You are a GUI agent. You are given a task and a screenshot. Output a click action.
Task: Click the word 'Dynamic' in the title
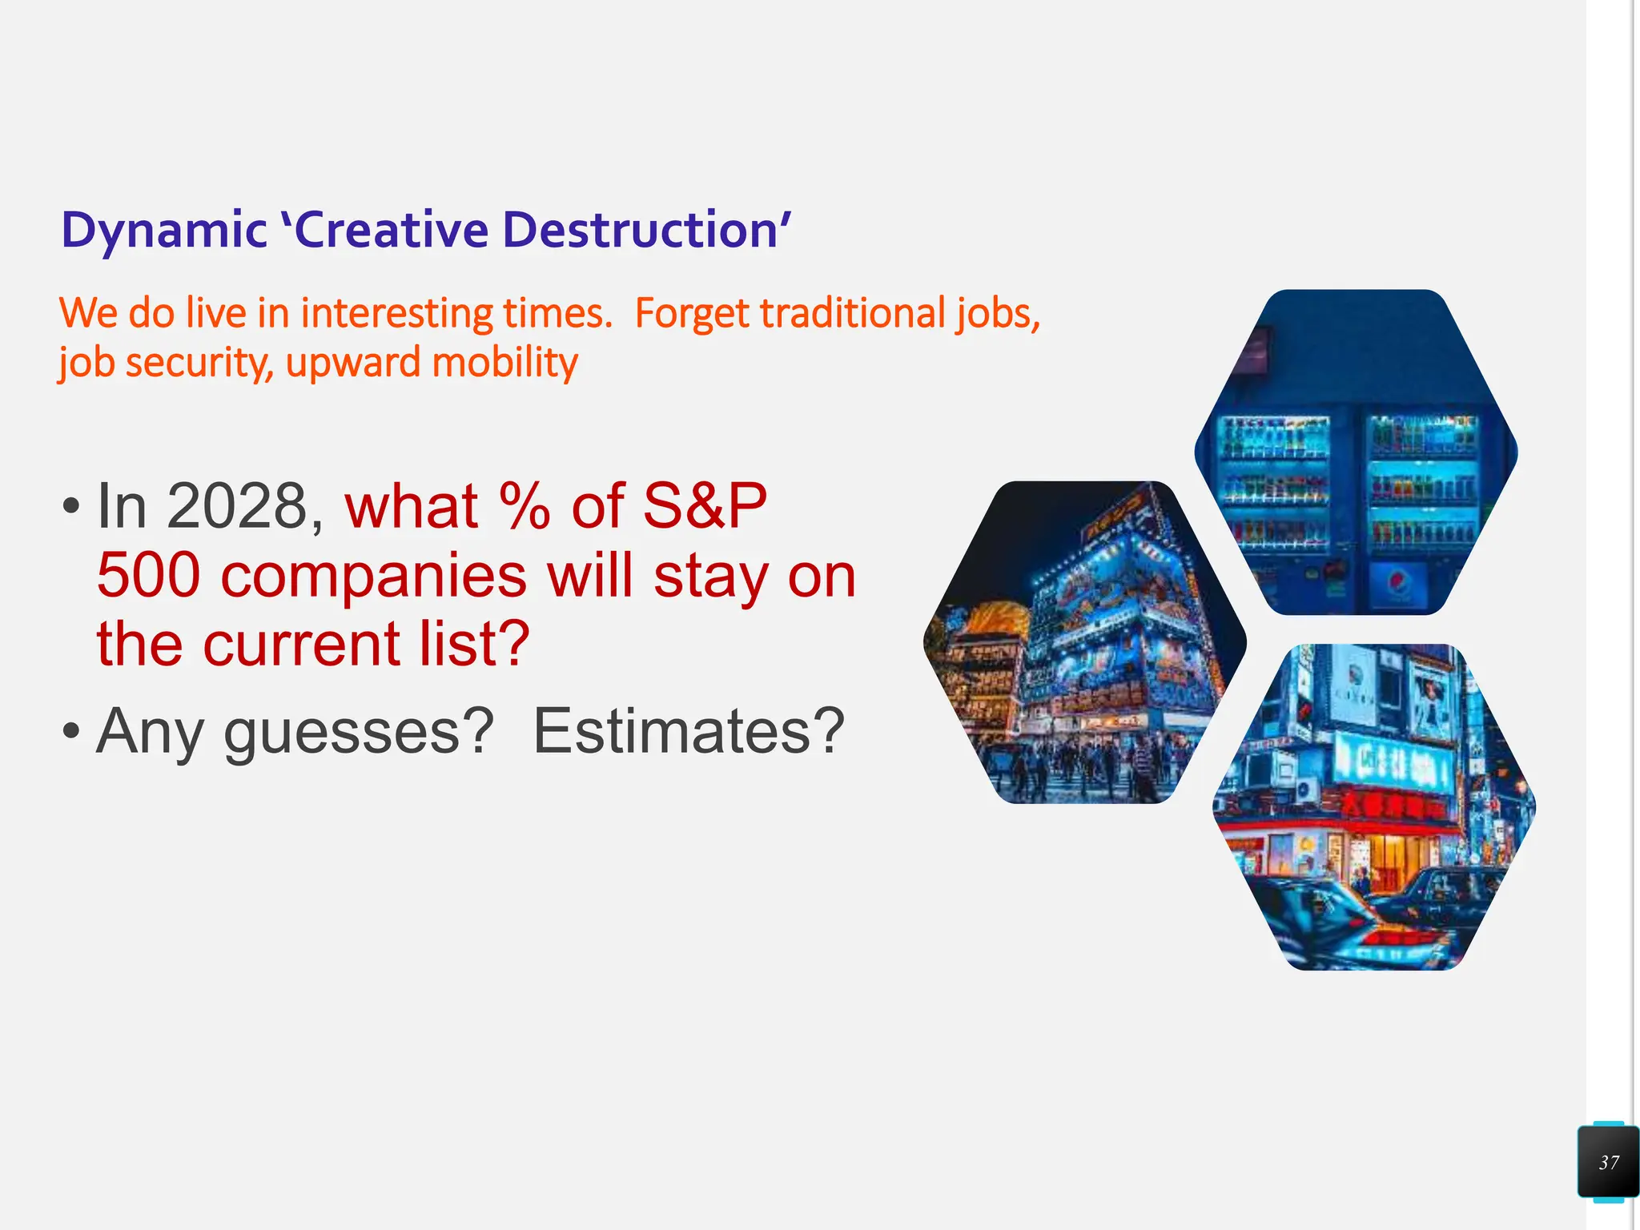[x=163, y=231]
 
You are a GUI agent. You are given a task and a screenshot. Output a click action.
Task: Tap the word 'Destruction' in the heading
[x=641, y=231]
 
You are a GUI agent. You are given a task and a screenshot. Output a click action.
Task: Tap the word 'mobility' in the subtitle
[x=504, y=363]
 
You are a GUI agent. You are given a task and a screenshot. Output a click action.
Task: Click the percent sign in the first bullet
[x=524, y=507]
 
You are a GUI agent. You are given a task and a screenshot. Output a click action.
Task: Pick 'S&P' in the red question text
[x=705, y=507]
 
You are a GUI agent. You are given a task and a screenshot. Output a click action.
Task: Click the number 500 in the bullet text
[x=148, y=576]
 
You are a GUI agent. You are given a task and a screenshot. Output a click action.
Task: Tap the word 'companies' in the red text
[x=373, y=576]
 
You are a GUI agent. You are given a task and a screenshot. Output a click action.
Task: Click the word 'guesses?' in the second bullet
[x=359, y=731]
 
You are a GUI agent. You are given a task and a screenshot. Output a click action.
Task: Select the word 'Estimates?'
[x=689, y=731]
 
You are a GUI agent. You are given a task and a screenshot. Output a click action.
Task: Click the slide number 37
[x=1609, y=1162]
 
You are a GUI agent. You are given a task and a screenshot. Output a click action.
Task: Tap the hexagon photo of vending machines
[x=1356, y=452]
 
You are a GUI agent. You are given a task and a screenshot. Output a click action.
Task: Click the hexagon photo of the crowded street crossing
[x=1085, y=643]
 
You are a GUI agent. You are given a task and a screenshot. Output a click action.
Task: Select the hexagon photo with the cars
[x=1374, y=807]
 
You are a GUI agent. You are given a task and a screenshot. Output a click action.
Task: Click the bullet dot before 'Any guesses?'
[x=71, y=731]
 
